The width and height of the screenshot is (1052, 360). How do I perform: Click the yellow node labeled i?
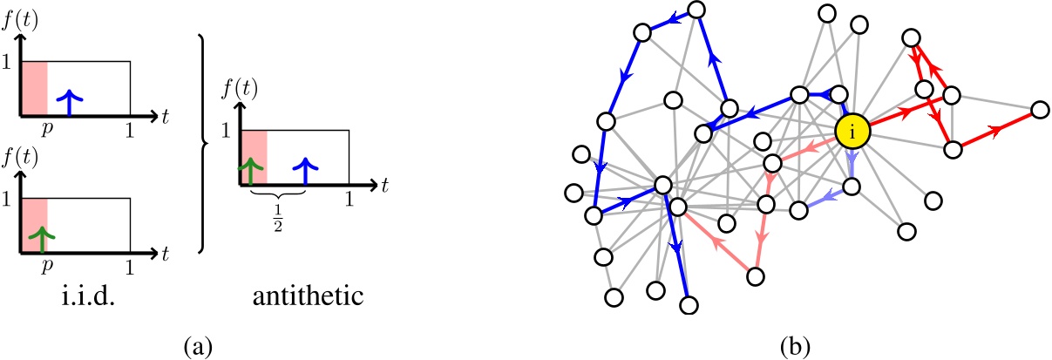853,132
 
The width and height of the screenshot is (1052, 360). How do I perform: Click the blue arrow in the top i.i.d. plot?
74,102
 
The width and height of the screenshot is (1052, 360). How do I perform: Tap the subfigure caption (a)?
197,346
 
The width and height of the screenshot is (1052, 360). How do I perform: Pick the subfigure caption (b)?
797,346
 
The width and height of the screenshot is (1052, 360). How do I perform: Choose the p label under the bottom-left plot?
48,266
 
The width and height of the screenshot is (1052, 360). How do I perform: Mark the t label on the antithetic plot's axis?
383,184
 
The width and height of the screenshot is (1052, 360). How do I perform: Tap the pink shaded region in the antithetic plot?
254,157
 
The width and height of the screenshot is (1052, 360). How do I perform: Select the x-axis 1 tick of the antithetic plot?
350,199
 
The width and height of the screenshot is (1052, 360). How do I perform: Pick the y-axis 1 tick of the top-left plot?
8,62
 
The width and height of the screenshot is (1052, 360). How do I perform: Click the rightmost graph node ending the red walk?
1039,110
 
